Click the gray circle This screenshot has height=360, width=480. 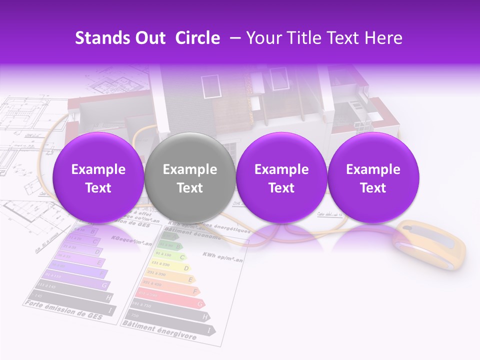[190, 178]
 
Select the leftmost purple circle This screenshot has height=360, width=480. [98, 178]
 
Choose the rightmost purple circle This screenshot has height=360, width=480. [373, 178]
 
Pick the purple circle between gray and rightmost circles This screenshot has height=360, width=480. [281, 178]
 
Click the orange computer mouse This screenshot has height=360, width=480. [430, 245]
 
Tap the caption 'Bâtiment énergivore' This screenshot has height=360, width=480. [159, 330]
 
